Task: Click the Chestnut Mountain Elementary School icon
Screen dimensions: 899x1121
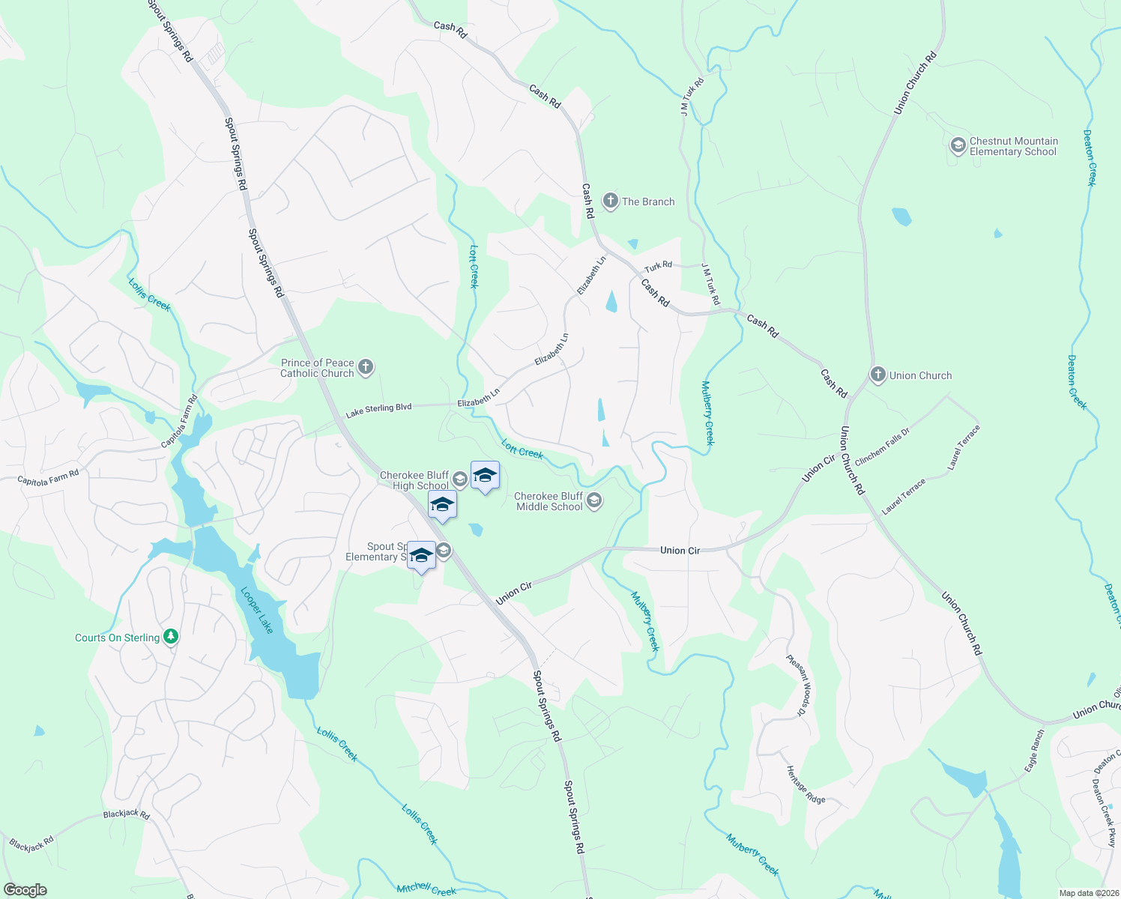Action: tap(958, 145)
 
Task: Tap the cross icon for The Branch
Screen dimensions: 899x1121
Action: tap(610, 201)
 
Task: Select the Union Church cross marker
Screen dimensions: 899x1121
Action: tap(877, 375)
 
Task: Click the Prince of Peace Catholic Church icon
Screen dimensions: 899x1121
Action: tap(366, 367)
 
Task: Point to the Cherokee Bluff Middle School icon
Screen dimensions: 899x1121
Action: tap(594, 500)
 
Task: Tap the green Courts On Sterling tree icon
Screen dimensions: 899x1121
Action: tap(171, 637)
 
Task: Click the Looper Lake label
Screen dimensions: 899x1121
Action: tap(256, 610)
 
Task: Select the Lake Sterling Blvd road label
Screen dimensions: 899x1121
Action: tap(378, 410)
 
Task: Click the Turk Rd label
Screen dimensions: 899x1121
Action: tap(659, 266)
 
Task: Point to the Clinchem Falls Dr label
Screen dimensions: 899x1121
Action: tap(882, 446)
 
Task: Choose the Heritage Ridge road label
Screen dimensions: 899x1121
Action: tap(806, 784)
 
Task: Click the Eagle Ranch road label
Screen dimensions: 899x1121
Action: tap(1034, 751)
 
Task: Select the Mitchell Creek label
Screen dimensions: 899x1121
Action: tap(426, 889)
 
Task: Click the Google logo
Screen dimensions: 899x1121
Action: tap(25, 890)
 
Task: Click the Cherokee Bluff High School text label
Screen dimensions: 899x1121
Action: tap(414, 480)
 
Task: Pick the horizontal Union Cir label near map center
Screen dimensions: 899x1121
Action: tap(680, 551)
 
